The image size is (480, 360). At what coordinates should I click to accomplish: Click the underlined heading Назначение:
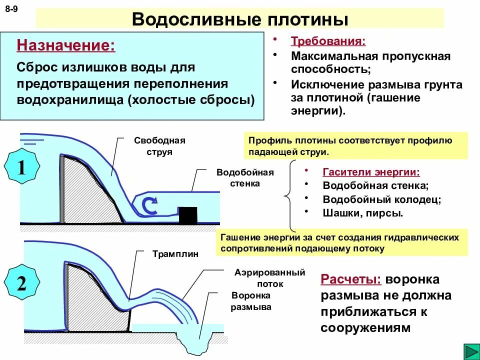[x=66, y=46]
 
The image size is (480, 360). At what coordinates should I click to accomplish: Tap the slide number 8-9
[x=12, y=9]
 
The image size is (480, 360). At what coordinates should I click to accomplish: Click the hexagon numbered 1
[x=21, y=168]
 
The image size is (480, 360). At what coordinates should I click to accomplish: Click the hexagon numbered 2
[x=21, y=283]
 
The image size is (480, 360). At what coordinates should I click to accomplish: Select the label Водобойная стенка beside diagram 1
[x=245, y=177]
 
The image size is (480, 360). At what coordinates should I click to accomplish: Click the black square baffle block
[x=188, y=215]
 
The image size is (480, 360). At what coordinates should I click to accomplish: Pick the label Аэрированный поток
[x=270, y=278]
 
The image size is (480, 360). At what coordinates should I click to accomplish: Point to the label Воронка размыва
[x=251, y=301]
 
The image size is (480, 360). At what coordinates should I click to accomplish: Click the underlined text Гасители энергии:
[x=371, y=172]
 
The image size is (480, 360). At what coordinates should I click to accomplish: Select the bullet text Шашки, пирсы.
[x=363, y=212]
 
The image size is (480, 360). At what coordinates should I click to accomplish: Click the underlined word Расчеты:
[x=350, y=279]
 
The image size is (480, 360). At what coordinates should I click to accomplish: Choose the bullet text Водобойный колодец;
[x=382, y=199]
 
